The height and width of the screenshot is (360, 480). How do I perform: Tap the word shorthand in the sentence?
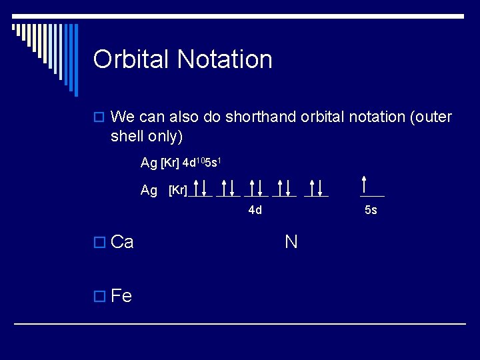pos(256,117)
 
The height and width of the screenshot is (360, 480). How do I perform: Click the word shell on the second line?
pos(127,136)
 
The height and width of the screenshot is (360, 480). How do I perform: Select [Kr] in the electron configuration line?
pos(170,163)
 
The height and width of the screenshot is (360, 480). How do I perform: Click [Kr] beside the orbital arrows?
pos(177,191)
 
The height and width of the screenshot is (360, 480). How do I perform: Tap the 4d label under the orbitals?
pos(255,211)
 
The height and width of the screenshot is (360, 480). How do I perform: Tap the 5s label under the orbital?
pos(371,211)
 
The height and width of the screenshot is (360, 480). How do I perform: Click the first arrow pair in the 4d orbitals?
pos(200,188)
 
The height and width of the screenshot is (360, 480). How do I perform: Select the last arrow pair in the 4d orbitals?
pos(316,188)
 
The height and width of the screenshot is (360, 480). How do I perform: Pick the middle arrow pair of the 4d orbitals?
pos(257,188)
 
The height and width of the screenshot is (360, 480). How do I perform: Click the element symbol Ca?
pos(122,242)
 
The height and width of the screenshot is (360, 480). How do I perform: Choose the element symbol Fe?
pos(121,295)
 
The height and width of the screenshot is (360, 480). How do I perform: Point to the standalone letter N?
pos(291,241)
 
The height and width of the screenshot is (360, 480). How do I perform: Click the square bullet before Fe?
pos(101,296)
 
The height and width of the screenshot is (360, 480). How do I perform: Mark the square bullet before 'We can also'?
pos(101,118)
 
